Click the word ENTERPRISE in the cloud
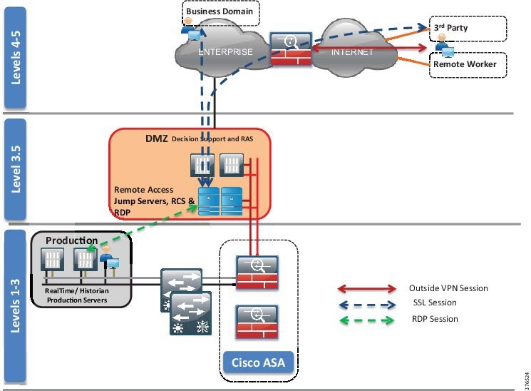tap(225, 53)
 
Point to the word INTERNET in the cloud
tap(352, 52)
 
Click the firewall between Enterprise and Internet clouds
tap(291, 49)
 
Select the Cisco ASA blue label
tap(258, 362)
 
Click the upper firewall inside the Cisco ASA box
tap(257, 272)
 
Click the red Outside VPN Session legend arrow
tap(366, 289)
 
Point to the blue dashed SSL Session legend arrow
tap(366, 303)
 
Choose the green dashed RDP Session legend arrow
tap(366, 319)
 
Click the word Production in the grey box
tap(72, 240)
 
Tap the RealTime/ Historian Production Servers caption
tap(75, 295)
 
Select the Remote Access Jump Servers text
tap(154, 201)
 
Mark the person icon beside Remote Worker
tap(445, 49)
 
